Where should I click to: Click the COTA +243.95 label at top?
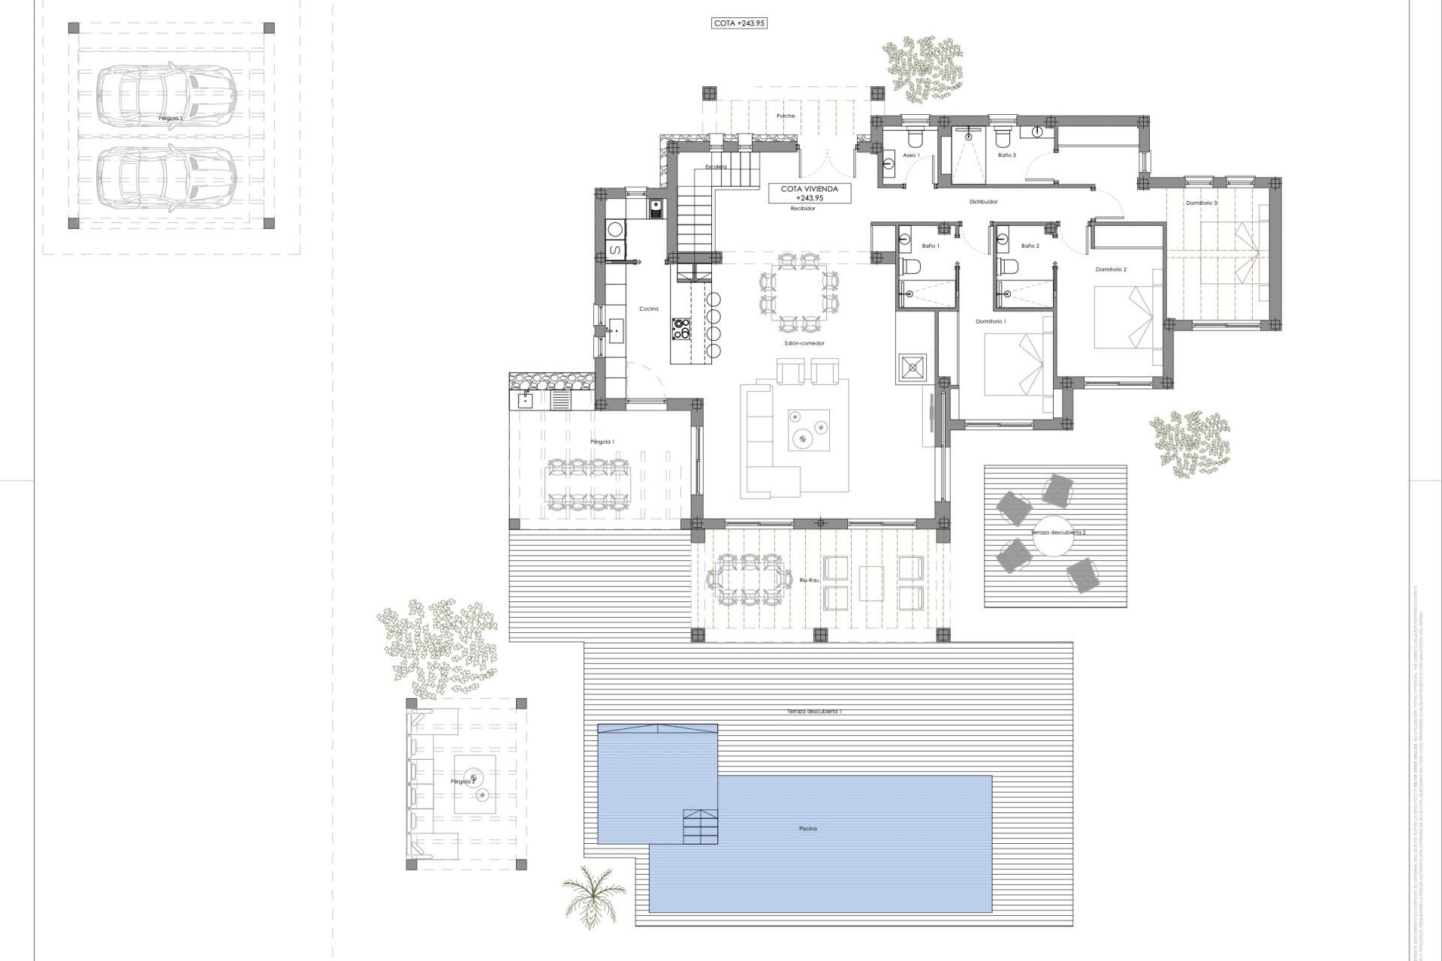point(739,23)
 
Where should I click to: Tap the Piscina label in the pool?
point(807,829)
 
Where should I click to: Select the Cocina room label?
point(649,309)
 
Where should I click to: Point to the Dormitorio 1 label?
point(991,321)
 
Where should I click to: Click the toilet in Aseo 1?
point(915,138)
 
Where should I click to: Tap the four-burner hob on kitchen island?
point(682,328)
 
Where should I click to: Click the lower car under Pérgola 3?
point(166,177)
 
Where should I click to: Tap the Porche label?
point(786,116)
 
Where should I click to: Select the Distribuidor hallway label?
point(983,202)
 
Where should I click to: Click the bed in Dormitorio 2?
point(1123,320)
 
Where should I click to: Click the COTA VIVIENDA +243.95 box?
point(810,194)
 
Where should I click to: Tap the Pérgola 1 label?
point(602,442)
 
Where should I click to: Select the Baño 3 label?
point(1007,155)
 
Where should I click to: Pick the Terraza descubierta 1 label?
point(814,711)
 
